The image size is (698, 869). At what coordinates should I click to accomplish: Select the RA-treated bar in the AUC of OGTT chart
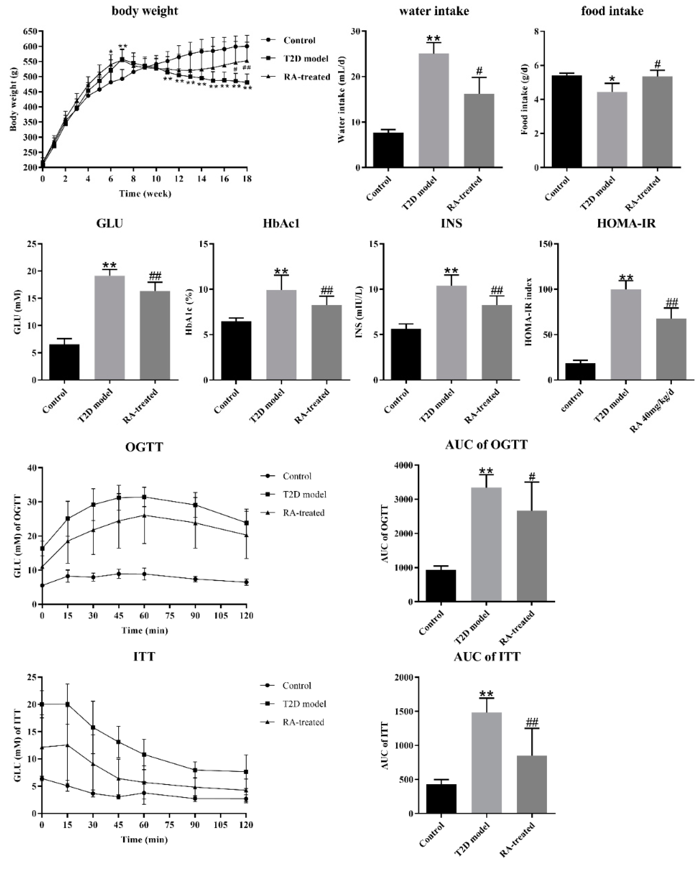(532, 556)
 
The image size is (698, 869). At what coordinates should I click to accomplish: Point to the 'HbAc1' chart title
(281, 223)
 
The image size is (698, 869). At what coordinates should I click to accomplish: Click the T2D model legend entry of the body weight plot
(305, 59)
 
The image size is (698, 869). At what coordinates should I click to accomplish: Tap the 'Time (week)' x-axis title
(145, 194)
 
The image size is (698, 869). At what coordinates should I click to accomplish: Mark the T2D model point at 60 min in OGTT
(144, 497)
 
